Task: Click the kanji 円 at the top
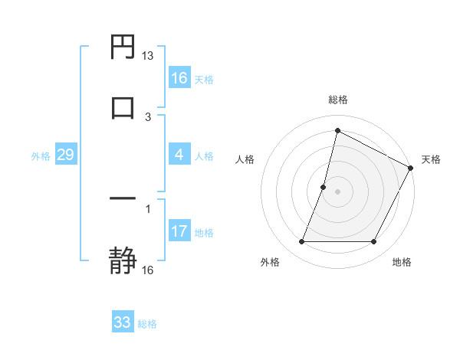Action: pos(123,48)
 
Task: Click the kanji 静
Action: pos(123,258)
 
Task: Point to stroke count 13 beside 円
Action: pos(148,56)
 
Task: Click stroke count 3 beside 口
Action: pos(148,116)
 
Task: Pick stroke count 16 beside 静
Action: pos(148,270)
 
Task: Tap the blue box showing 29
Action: pos(65,155)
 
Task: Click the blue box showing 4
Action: pos(179,155)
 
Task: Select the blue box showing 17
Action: pos(179,231)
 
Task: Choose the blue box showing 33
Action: pos(123,322)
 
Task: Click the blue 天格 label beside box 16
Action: pos(204,79)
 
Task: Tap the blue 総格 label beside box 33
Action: pos(147,324)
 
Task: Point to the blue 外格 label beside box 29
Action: pos(41,156)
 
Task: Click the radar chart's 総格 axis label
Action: pos(338,100)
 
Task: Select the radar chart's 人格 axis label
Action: pos(245,159)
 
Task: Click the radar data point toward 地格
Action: pos(374,242)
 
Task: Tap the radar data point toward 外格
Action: pos(301,242)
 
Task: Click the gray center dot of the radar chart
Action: pos(338,191)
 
